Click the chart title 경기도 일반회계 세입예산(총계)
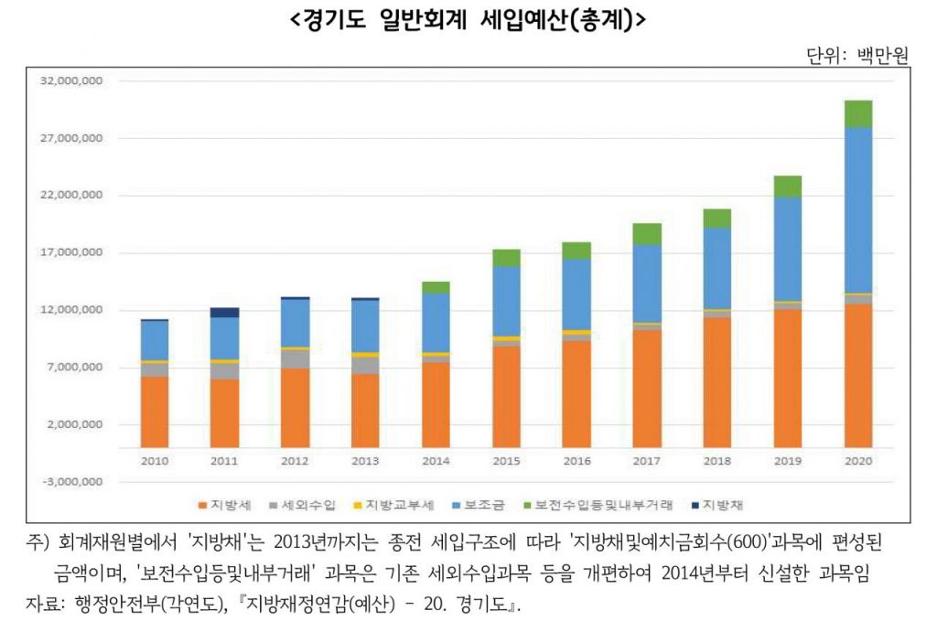point(468,21)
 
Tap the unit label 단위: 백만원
point(856,57)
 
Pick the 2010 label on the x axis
point(155,461)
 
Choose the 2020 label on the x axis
point(857,461)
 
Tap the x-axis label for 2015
point(506,461)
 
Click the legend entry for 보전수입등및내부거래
point(597,505)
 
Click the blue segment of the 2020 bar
point(857,210)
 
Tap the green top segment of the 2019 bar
point(787,187)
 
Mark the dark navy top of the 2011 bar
point(225,313)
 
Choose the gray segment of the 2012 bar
point(296,359)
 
